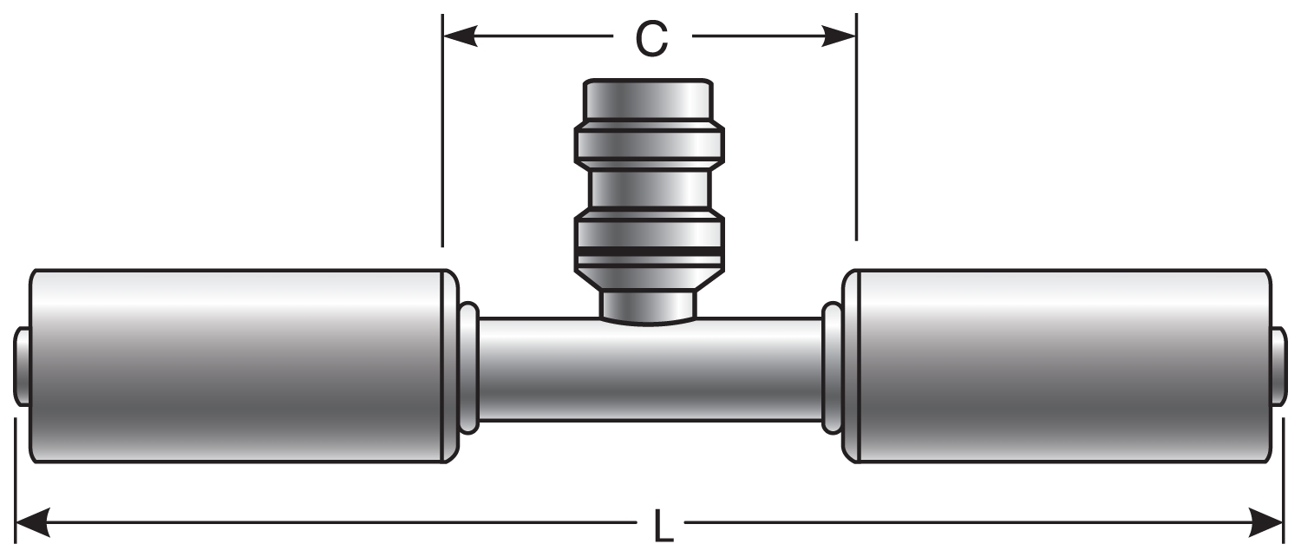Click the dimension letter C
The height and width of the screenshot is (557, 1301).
point(650,38)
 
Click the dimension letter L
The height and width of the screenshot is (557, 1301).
point(662,527)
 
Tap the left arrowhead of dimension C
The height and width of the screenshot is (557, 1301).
point(460,36)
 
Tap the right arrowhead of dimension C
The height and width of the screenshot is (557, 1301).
point(839,36)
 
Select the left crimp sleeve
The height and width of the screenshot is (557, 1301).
point(239,366)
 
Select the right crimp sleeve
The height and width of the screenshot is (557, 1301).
point(1060,366)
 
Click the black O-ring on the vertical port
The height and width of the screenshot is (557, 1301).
point(650,252)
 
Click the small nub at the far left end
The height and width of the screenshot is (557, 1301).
point(22,366)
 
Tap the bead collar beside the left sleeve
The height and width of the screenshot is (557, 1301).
point(468,367)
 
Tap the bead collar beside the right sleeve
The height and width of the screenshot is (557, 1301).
point(831,367)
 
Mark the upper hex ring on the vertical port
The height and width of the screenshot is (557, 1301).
point(650,146)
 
